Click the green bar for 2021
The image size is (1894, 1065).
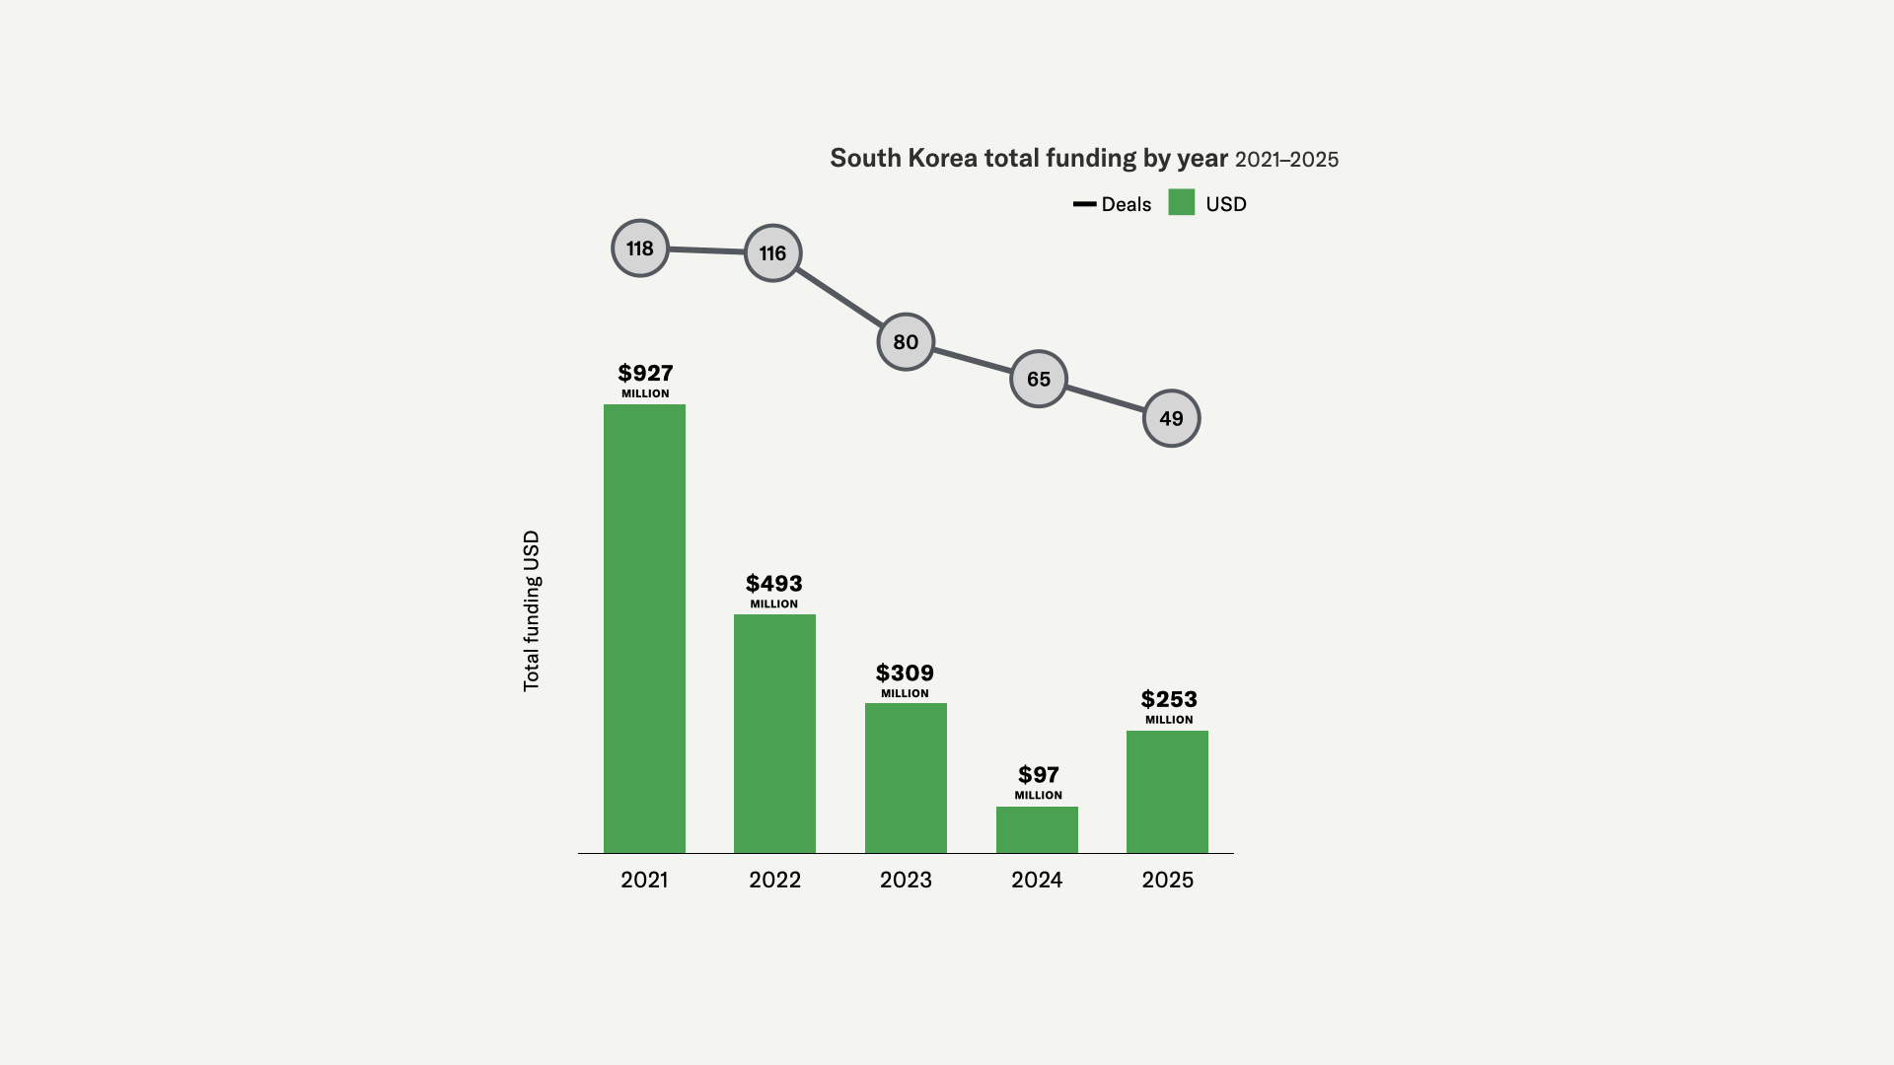pos(644,628)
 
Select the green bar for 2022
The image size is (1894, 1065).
pos(774,734)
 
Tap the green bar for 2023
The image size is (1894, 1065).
pos(906,778)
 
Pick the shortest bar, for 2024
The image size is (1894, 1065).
pos(1037,829)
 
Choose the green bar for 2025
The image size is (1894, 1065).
pos(1167,792)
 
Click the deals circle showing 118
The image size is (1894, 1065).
pos(640,248)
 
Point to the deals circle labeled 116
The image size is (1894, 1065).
pos(772,253)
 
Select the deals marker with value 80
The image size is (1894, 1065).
pos(906,342)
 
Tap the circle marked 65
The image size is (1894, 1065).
pos(1039,379)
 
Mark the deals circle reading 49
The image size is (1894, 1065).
pos(1171,418)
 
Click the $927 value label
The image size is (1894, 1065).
pos(645,374)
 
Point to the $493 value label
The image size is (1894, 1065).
pos(774,584)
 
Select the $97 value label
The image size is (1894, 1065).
pos(1039,775)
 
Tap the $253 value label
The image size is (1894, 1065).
pos(1169,700)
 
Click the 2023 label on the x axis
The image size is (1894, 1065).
pos(906,880)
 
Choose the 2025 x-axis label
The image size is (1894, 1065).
pos(1167,880)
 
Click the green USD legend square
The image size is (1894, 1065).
pos(1181,202)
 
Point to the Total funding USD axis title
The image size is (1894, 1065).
pos(532,610)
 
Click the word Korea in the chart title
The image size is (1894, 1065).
pos(942,159)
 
